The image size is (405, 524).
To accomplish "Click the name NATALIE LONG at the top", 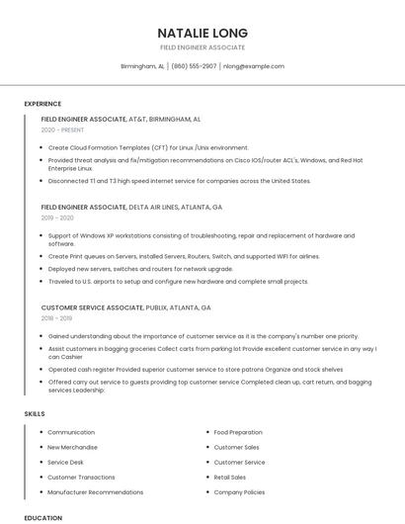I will [202, 33].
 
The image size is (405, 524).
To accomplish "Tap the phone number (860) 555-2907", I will [194, 66].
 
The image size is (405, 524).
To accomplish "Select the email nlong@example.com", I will [253, 66].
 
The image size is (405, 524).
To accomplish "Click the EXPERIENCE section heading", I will [42, 103].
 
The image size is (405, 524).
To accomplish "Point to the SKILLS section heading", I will [35, 413].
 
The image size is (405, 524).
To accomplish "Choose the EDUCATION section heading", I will [42, 517].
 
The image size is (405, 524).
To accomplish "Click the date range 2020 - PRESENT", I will [62, 130].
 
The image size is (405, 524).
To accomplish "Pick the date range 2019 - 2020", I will [57, 218].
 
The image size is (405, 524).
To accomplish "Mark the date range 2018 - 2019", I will [57, 318].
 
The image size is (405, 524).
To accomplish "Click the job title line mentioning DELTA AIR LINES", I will [131, 208].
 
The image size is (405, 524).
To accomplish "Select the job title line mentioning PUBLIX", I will [125, 307].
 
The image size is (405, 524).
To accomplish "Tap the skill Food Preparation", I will [238, 432].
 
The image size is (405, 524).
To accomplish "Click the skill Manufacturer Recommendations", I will [95, 491].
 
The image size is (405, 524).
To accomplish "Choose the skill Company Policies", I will [239, 491].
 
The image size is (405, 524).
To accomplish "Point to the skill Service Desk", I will [65, 462].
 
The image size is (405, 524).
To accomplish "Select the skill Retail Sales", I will [230, 477].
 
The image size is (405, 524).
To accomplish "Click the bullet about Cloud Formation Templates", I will [148, 147].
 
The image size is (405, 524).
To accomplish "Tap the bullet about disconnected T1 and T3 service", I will [179, 181].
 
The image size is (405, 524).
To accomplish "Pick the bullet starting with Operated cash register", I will [197, 369].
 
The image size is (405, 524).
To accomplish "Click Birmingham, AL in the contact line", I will [142, 66].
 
